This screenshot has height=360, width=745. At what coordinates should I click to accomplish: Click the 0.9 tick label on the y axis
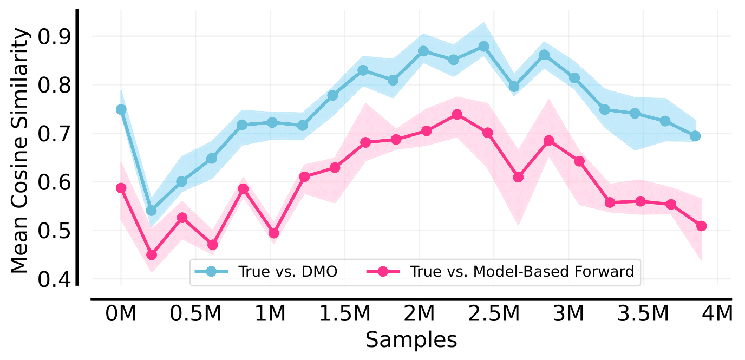pos(56,37)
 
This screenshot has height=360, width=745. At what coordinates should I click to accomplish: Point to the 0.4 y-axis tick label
pos(56,279)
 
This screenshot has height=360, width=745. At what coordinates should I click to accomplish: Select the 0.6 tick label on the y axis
pos(56,182)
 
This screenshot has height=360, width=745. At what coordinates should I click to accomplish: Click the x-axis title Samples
pos(411,340)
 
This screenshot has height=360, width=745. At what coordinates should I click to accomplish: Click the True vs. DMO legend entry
pos(287,271)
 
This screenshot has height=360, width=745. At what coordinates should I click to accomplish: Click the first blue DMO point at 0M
pos(121,109)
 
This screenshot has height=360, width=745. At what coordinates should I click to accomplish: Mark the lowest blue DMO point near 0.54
pos(152,210)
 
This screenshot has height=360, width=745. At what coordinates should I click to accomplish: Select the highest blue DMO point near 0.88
pos(484,47)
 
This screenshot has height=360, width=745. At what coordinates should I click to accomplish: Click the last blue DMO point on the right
pos(695,136)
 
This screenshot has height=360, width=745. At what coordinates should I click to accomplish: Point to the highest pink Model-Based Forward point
pos(457,114)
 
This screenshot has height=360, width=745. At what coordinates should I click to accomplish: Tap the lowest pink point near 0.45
pos(152,254)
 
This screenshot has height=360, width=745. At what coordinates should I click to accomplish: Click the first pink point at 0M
pos(121,188)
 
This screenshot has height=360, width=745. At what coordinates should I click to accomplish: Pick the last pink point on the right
pos(702,226)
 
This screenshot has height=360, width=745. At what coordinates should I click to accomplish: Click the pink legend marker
pos(383,271)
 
